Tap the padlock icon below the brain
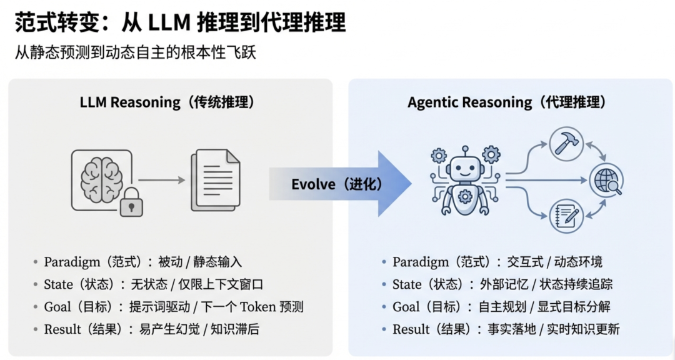[x=131, y=201]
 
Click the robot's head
[x=464, y=167]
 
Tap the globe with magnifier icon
[x=606, y=181]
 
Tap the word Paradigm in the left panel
[x=69, y=262]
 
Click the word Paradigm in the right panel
[x=418, y=262]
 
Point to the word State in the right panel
[x=407, y=284]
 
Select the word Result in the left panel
[x=62, y=329]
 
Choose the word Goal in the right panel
[x=406, y=307]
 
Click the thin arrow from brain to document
[x=162, y=180]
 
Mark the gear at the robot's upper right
[x=491, y=154]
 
